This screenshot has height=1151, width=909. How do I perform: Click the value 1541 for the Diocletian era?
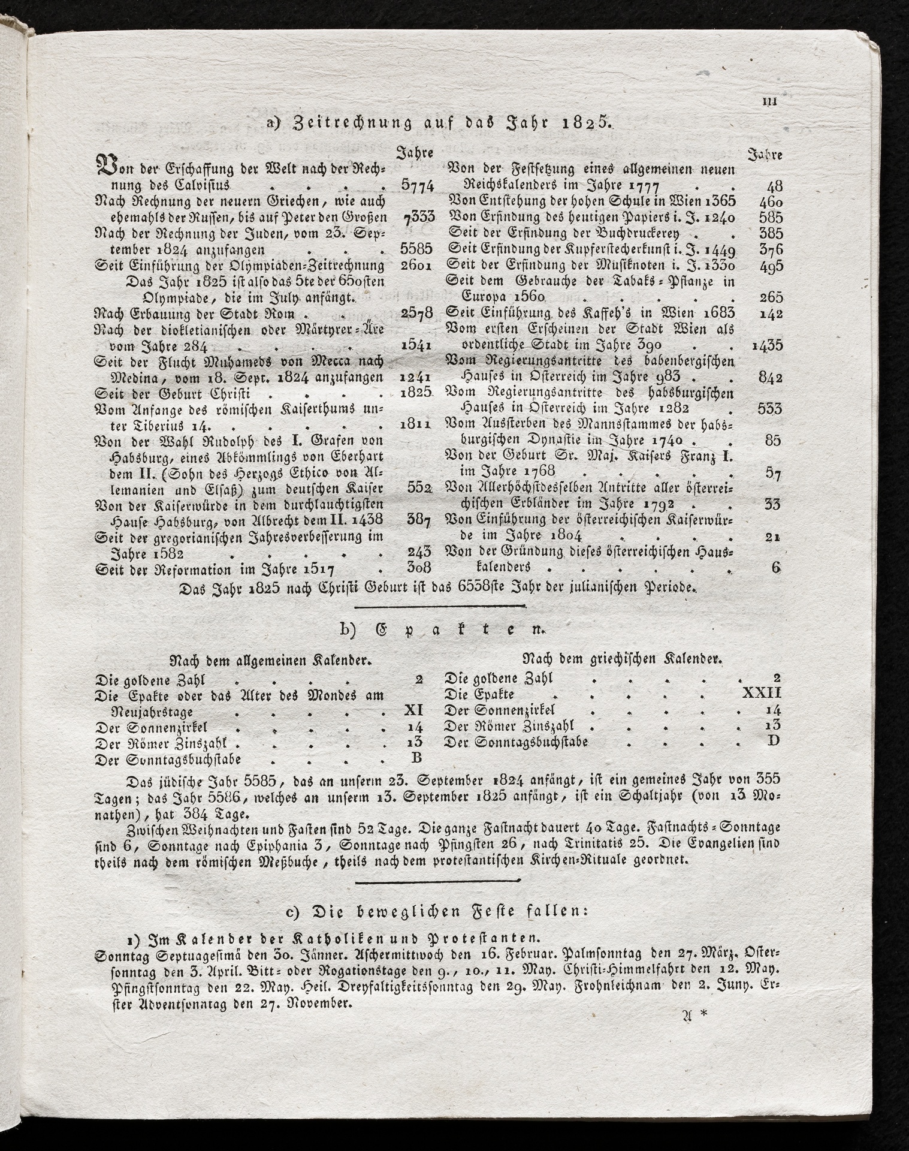[415, 346]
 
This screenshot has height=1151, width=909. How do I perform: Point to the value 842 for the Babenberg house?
[771, 378]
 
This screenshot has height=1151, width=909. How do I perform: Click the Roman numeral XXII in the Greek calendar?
[762, 694]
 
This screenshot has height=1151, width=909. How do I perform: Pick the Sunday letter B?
[416, 758]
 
